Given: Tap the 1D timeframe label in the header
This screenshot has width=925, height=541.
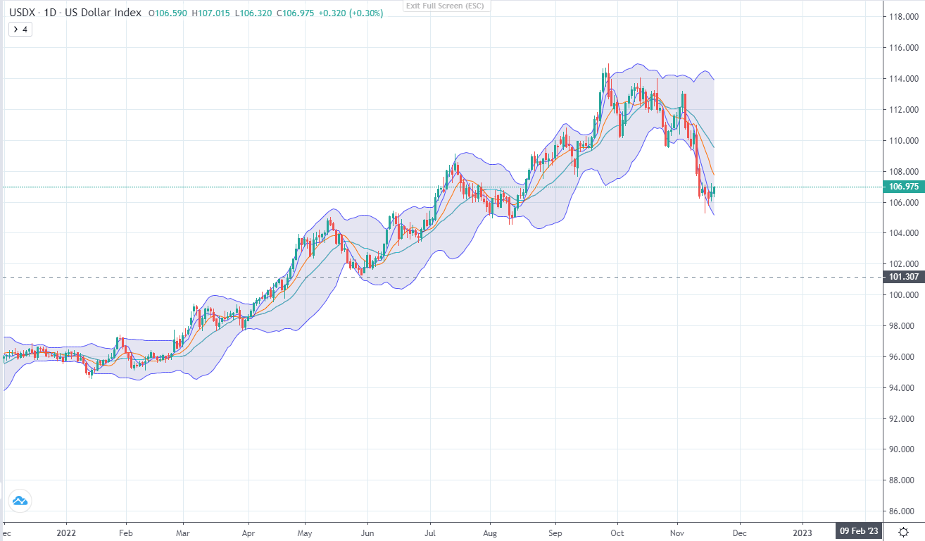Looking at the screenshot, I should (x=49, y=13).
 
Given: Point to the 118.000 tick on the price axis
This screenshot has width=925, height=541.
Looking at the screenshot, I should (x=903, y=17).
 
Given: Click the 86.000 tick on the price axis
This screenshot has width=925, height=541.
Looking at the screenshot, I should (x=903, y=511).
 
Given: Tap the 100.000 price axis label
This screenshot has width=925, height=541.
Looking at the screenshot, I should (x=903, y=295).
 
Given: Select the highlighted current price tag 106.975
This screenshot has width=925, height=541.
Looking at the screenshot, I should (x=905, y=187).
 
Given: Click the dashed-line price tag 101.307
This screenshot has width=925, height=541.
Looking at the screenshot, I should (x=905, y=277).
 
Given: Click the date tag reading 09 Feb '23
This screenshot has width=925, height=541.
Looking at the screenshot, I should (x=859, y=530).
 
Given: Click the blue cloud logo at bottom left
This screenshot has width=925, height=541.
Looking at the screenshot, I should (x=20, y=501).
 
